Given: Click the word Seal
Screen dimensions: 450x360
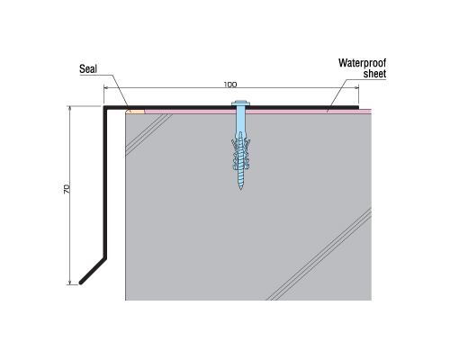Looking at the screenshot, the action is tap(88, 69).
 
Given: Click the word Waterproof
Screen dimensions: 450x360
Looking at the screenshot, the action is tap(362, 63).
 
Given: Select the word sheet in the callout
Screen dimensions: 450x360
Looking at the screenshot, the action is tap(374, 74).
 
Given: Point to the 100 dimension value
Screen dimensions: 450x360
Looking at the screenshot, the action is tap(230, 85).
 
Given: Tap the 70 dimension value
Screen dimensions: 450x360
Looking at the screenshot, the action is tap(67, 189).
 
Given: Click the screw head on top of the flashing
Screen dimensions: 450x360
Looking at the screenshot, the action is tap(240, 103).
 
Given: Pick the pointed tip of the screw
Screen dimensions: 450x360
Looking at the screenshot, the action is tap(240, 188).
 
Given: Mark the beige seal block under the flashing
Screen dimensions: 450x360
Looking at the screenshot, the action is tap(135, 112).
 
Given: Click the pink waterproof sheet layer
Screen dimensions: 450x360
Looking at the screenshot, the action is tap(258, 112).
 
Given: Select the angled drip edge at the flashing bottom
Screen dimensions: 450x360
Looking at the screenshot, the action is tap(93, 271).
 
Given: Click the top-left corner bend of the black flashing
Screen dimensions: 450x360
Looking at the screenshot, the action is tap(105, 107).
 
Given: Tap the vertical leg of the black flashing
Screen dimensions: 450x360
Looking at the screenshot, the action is tap(105, 183).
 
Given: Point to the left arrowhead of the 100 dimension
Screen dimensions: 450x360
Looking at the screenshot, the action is tap(106, 87).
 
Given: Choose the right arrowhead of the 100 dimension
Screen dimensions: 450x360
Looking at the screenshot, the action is tap(356, 87).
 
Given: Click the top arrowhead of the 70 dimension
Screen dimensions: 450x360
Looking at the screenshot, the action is tap(70, 108).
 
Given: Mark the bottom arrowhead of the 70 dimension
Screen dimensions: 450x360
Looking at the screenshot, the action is tap(70, 282).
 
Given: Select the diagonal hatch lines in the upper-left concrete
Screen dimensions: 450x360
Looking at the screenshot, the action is tap(148, 135).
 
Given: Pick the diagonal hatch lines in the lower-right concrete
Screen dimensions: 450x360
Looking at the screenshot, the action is tap(319, 254).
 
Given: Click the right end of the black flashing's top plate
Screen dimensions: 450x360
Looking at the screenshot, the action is tap(358, 107).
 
